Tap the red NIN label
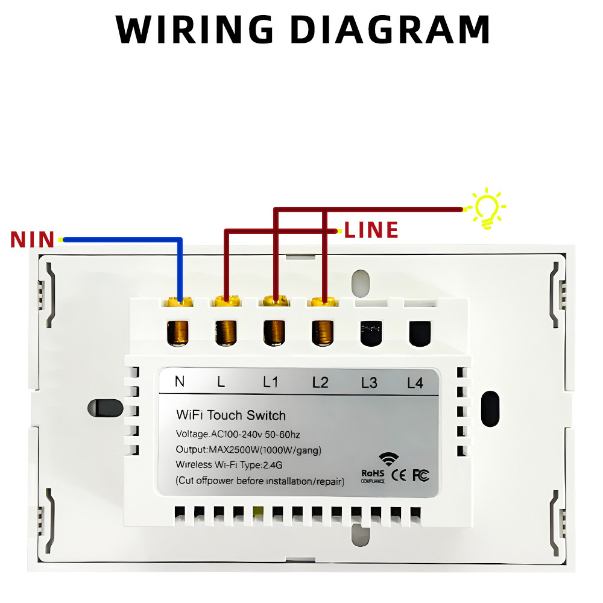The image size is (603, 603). pyautogui.click(x=33, y=239)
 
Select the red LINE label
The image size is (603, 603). pyautogui.click(x=371, y=230)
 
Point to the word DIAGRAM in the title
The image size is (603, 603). pyautogui.click(x=390, y=30)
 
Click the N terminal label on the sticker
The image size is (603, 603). pyautogui.click(x=180, y=382)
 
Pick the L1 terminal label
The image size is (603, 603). pyautogui.click(x=270, y=382)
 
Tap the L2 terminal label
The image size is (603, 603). pyautogui.click(x=320, y=383)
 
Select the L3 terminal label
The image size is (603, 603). pyautogui.click(x=369, y=383)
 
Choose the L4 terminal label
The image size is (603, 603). pyautogui.click(x=415, y=383)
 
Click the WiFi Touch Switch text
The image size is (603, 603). pyautogui.click(x=231, y=415)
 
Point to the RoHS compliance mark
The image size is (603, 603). pyautogui.click(x=373, y=476)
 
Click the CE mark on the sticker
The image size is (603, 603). pyautogui.click(x=399, y=476)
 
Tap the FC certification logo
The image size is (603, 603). pyautogui.click(x=421, y=476)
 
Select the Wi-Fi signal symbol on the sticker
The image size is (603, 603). pyautogui.click(x=388, y=459)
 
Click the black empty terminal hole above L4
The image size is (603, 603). pyautogui.click(x=420, y=333)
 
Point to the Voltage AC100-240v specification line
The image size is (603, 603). pyautogui.click(x=238, y=434)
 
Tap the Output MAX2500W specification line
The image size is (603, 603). pyautogui.click(x=248, y=450)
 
